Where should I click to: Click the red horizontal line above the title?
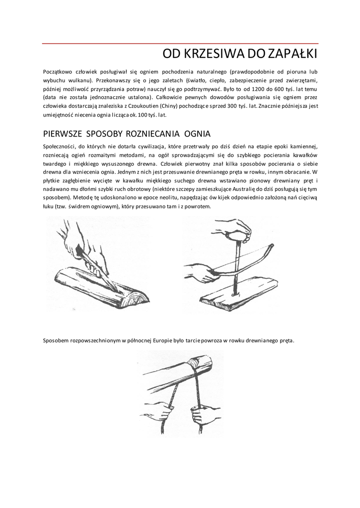point(180,44)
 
